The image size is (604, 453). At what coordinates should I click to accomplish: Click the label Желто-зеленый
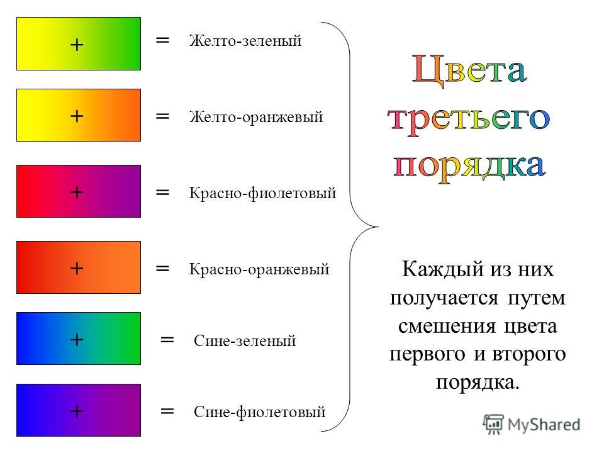pos(245,41)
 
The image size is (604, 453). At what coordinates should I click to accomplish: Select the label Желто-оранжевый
pos(256,117)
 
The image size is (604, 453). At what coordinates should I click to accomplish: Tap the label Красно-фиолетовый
pos(263,193)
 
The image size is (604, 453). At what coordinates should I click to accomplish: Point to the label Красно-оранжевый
pos(259,269)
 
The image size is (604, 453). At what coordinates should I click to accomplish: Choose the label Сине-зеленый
pos(245,340)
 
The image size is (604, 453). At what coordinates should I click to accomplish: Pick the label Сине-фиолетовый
pos(260,411)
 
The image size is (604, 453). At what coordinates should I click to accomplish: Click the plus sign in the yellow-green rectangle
pos(77,45)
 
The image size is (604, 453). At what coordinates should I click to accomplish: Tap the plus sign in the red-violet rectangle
pos(77,192)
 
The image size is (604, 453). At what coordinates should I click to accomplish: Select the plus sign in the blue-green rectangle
pos(77,339)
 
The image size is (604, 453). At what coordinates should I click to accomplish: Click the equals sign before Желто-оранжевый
pos(162,116)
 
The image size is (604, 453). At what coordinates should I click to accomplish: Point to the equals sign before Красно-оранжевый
pos(162,268)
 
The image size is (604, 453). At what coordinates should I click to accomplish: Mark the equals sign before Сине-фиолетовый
pos(167,411)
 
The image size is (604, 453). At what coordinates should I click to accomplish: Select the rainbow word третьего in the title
pos(468,119)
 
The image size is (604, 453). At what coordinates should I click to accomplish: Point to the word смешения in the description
pos(447,327)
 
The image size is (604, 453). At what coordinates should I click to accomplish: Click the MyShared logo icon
pos(493,425)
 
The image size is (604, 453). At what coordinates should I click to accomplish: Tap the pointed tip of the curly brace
pos(378,226)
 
